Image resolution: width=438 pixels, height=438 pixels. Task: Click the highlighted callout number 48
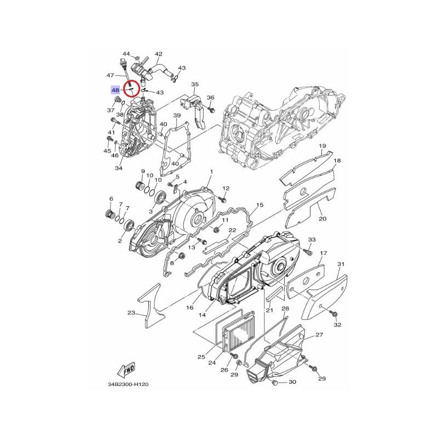116,90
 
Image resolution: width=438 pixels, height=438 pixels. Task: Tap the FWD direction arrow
126,370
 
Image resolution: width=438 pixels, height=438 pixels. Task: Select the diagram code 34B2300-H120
128,384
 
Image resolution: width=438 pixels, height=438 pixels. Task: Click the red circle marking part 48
131,89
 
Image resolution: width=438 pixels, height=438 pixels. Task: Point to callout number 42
158,54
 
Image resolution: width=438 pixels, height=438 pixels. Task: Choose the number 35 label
195,84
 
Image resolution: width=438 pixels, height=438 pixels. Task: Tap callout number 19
322,146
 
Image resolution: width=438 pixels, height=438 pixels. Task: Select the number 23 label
131,313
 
